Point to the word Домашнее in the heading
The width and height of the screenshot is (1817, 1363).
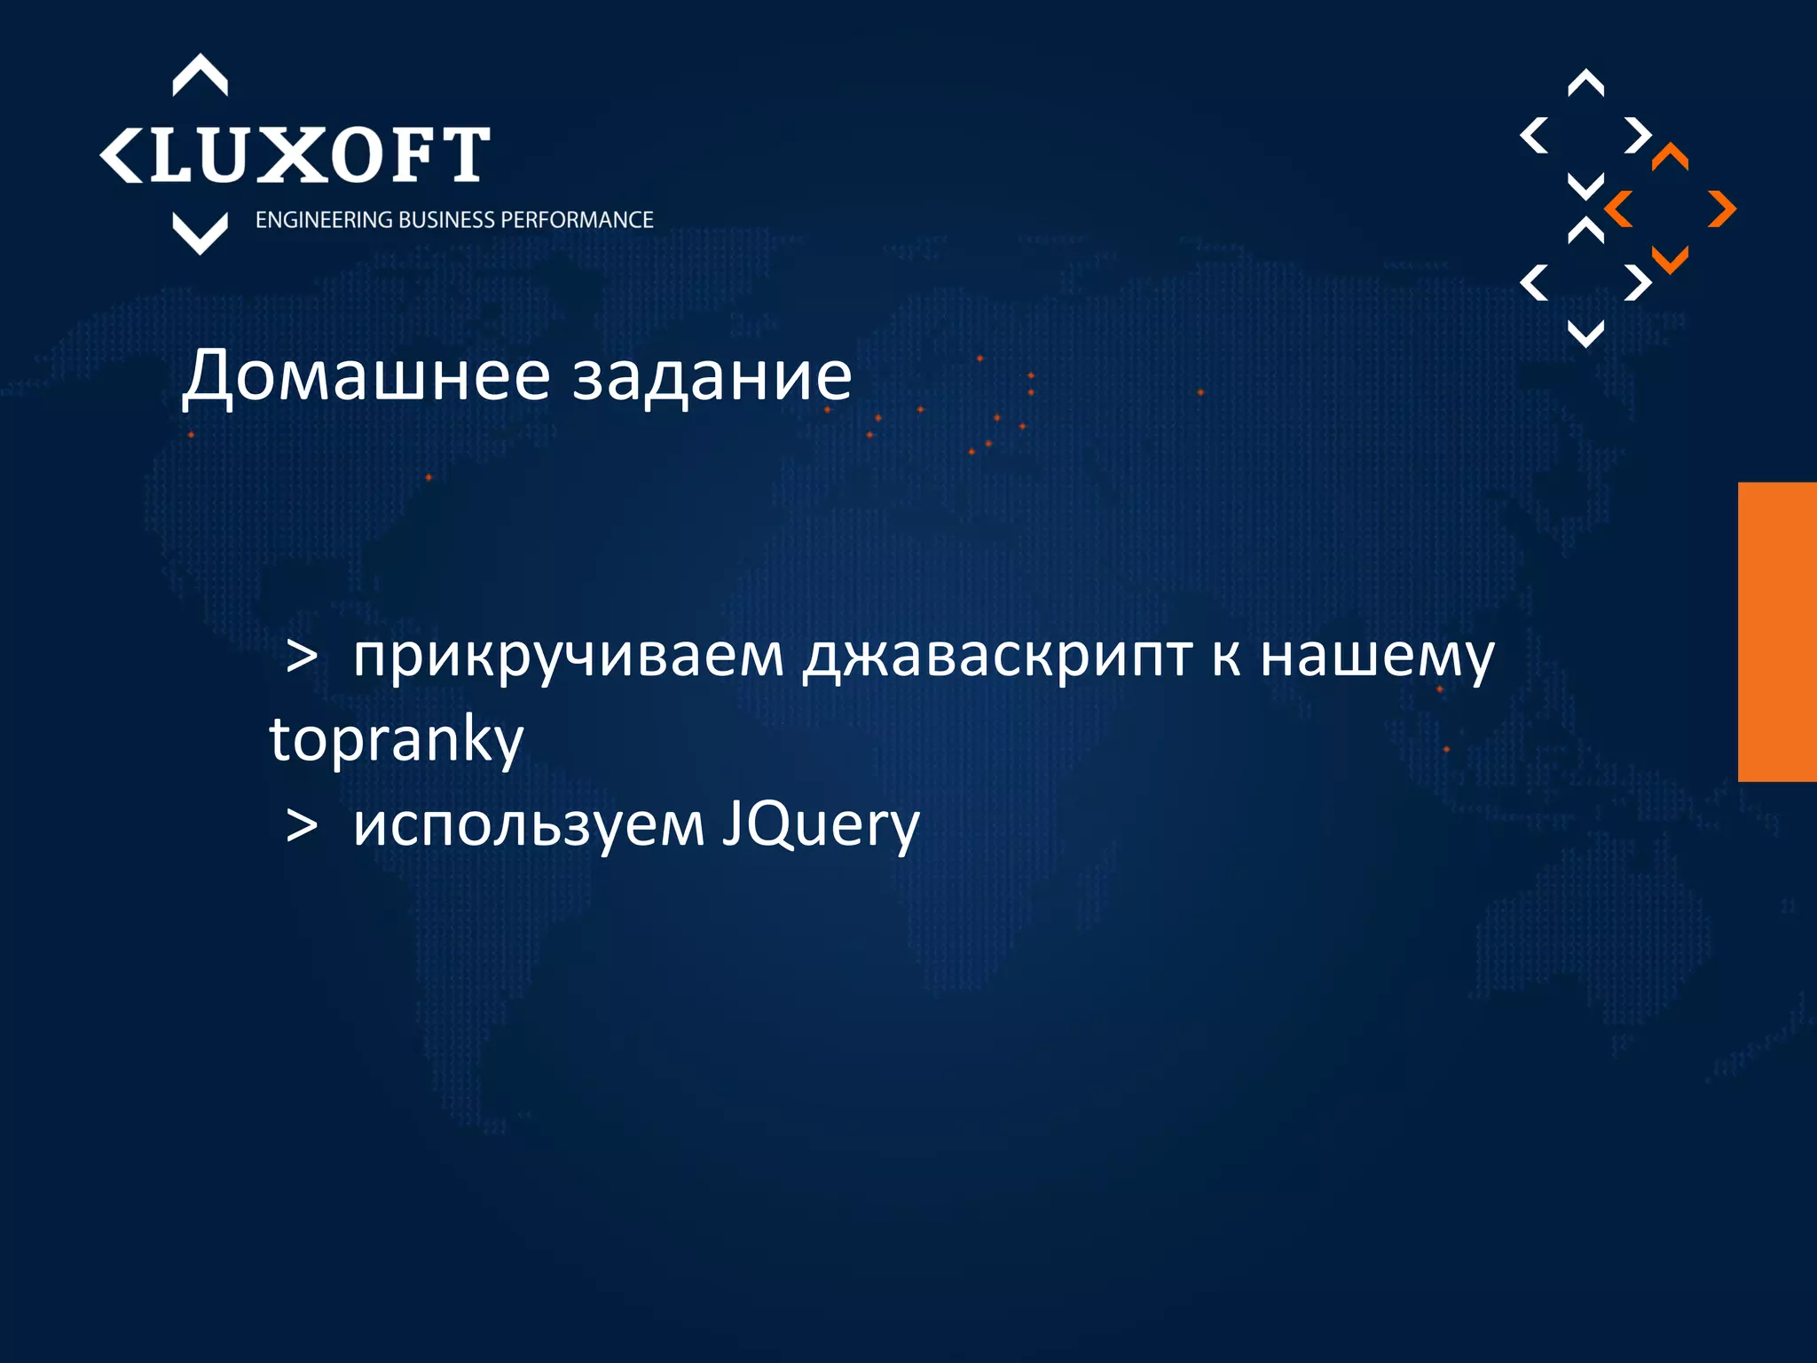(x=366, y=376)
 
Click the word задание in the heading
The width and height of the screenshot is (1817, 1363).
(x=712, y=376)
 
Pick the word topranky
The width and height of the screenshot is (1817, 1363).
(x=397, y=740)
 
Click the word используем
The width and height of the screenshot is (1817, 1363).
(x=529, y=825)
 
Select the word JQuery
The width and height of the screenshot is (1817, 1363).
(x=821, y=825)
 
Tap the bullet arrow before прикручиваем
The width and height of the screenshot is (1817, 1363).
(x=303, y=658)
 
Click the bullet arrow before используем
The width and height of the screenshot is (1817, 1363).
(x=303, y=826)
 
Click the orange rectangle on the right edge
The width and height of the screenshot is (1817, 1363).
(x=1777, y=632)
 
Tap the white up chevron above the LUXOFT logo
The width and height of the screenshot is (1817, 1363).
(x=200, y=75)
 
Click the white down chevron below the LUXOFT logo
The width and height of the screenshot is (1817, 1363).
(x=200, y=233)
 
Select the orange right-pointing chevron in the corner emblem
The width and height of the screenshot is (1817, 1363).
(x=1722, y=209)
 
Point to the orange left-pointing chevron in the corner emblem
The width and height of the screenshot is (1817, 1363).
(x=1619, y=209)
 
